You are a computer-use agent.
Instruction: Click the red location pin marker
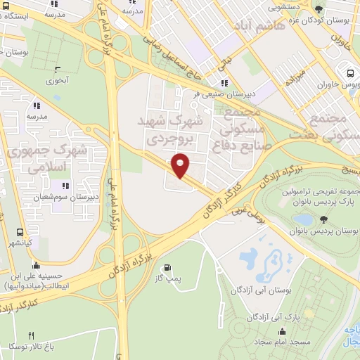(181, 165)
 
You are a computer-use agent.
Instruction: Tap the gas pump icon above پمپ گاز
(167, 268)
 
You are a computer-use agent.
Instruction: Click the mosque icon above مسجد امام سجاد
(283, 332)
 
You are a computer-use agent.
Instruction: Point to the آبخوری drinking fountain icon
(58, 70)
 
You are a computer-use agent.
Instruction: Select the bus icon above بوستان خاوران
(349, 73)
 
